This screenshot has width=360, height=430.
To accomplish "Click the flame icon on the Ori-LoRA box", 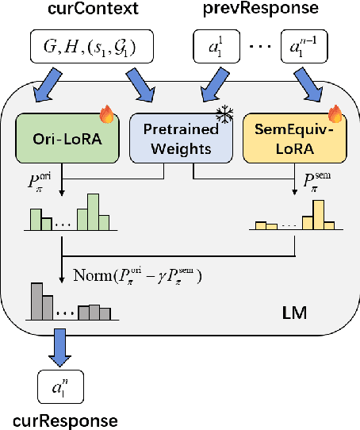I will click(x=107, y=117).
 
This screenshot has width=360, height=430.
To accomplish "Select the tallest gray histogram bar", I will click(x=36, y=301).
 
